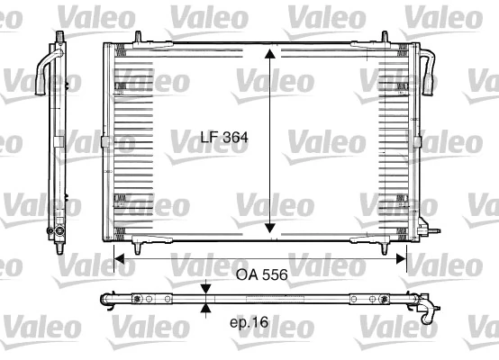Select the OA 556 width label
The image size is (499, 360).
tap(261, 275)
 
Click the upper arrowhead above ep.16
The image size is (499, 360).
tap(207, 288)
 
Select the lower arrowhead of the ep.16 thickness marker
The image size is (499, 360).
tap(207, 309)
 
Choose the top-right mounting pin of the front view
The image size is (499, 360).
tap(385, 38)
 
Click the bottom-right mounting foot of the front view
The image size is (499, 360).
tap(383, 246)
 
